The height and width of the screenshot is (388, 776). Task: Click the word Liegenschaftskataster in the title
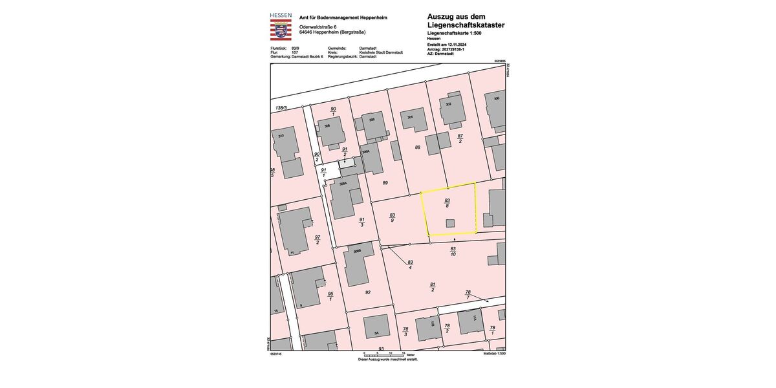(466, 25)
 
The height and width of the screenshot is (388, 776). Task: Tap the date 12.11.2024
(456, 43)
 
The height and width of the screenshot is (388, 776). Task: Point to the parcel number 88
(418, 147)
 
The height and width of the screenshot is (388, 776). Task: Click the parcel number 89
(385, 183)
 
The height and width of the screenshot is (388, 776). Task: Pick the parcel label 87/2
(460, 138)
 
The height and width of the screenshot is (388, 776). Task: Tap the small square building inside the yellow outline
(450, 223)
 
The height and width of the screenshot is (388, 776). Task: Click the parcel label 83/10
(453, 252)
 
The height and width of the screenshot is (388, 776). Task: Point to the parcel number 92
(368, 292)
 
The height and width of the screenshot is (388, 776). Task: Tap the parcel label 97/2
(318, 240)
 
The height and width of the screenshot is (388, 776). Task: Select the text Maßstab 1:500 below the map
(495, 354)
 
